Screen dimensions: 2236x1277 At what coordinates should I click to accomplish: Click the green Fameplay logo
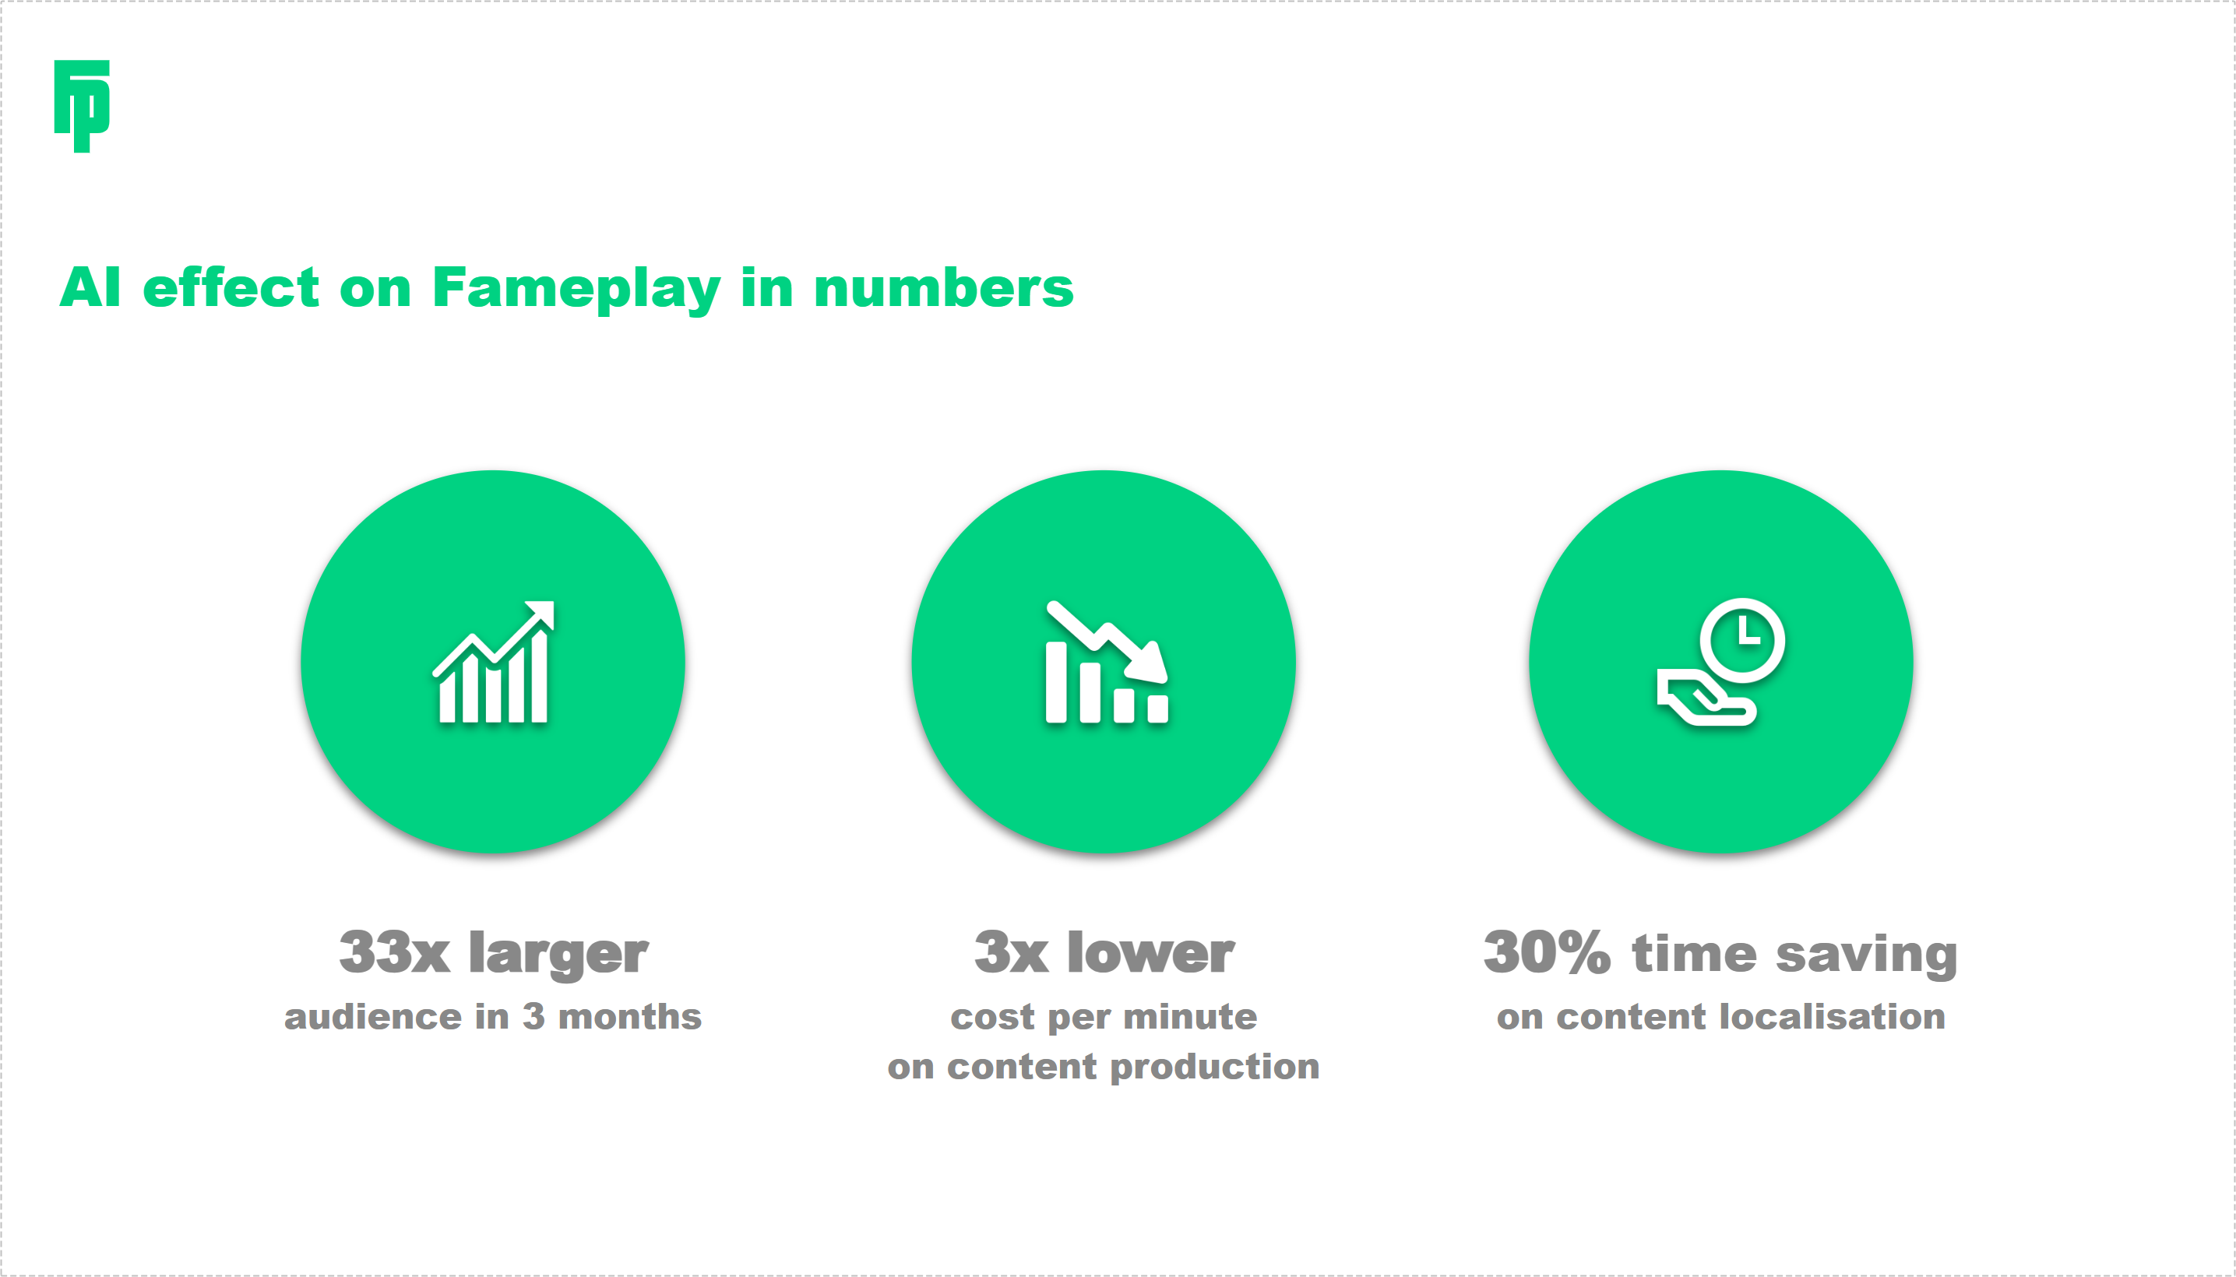(82, 106)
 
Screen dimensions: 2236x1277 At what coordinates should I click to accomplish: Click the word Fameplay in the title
(576, 290)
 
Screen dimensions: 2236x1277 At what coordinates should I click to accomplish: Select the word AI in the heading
(90, 287)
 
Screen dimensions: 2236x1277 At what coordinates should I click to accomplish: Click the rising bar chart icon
(494, 662)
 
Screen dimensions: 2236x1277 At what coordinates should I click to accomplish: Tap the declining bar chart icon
(1107, 662)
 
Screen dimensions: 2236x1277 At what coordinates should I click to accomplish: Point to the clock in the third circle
(1742, 640)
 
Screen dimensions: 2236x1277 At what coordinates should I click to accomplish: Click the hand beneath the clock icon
(1706, 697)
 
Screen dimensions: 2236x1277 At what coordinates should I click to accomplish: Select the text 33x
(395, 952)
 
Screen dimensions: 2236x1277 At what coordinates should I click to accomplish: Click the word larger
(558, 954)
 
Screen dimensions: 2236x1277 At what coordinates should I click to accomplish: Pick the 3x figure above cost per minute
(1012, 952)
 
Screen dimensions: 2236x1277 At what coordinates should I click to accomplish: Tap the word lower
(1151, 952)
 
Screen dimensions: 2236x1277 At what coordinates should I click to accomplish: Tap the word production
(1215, 1068)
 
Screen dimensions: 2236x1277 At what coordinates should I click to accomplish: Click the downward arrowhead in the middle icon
(1149, 662)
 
